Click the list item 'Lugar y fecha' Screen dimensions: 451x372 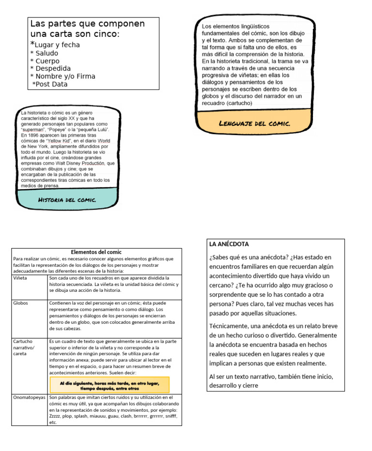click(57, 45)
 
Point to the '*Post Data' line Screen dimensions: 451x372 click(50, 84)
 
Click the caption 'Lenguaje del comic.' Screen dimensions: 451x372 click(254, 123)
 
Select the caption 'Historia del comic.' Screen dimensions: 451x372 click(67, 200)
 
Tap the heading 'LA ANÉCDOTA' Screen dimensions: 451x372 click(229, 244)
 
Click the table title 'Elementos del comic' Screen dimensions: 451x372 click(96, 252)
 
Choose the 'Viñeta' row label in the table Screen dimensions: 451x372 click(20, 279)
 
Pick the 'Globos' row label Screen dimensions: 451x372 click(21, 303)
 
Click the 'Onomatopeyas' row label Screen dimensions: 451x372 click(29, 397)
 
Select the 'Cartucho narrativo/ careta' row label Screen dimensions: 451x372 click(24, 347)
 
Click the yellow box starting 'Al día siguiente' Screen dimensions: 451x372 click(109, 385)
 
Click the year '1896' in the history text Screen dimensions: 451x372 click(30, 135)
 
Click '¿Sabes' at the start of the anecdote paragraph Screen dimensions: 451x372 click(221, 257)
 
